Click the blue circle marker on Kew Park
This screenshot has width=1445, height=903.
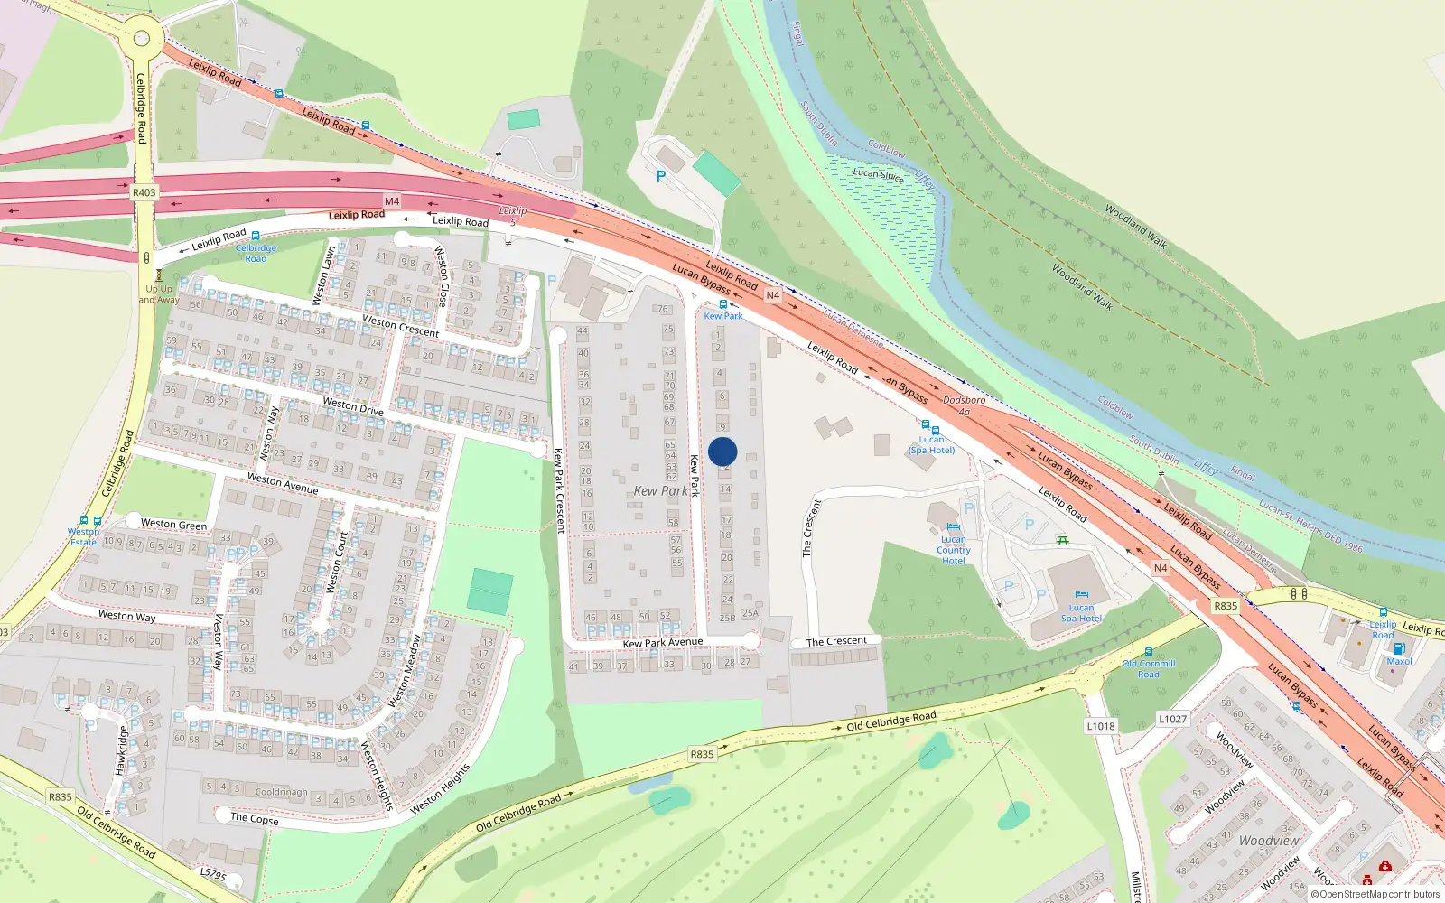(722, 451)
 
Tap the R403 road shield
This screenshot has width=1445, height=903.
(144, 192)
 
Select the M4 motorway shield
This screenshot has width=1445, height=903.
(392, 201)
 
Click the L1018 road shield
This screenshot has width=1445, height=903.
(1101, 726)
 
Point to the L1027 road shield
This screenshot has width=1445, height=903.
(1172, 719)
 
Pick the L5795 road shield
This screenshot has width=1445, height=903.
(213, 874)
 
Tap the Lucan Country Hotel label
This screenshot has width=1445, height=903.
(954, 550)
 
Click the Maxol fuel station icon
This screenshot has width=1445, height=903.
(1399, 648)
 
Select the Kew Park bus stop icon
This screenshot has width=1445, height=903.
(722, 305)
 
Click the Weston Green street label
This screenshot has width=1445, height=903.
(173, 524)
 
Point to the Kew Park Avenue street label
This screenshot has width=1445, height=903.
(663, 643)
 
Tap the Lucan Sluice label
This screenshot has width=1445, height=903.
(878, 174)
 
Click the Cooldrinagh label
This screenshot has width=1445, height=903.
(281, 792)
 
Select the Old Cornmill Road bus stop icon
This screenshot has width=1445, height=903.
(1149, 652)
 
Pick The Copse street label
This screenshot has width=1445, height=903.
(254, 818)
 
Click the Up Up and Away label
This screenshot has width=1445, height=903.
(159, 294)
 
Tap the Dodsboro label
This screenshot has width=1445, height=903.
(965, 400)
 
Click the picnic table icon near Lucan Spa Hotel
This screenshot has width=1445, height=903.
(1063, 540)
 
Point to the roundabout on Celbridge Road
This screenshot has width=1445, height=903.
(142, 38)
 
